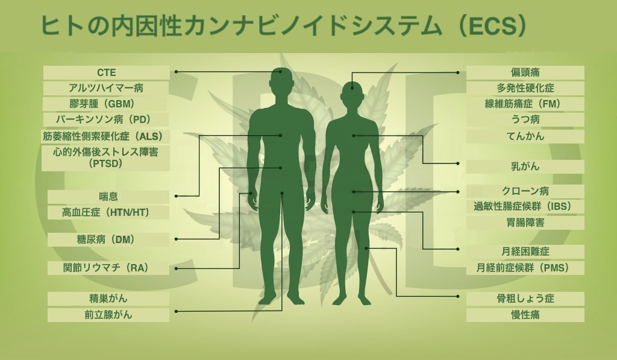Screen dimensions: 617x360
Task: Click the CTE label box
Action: pos(106,72)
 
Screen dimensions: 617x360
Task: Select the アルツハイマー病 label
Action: pos(106,88)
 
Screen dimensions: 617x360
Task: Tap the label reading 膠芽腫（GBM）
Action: pos(106,104)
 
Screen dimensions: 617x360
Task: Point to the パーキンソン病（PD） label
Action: pos(106,119)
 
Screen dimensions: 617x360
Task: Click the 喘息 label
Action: pos(108,197)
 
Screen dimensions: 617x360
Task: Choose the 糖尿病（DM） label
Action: pos(108,239)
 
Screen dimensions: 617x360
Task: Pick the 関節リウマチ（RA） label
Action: pos(108,268)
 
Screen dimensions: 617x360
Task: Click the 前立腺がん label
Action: pos(108,315)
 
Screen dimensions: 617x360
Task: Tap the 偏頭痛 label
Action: pos(525,72)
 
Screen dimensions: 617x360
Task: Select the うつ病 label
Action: pos(525,119)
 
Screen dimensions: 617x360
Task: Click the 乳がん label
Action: pos(525,166)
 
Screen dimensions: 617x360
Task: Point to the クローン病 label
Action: pos(525,191)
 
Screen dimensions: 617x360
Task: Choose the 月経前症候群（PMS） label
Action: pos(525,268)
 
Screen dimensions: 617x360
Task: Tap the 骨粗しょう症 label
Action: pos(525,298)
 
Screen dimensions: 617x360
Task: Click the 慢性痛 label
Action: pos(525,315)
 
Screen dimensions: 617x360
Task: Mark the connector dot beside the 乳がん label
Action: pos(458,163)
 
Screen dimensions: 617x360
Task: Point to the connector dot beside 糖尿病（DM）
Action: pos(176,239)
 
